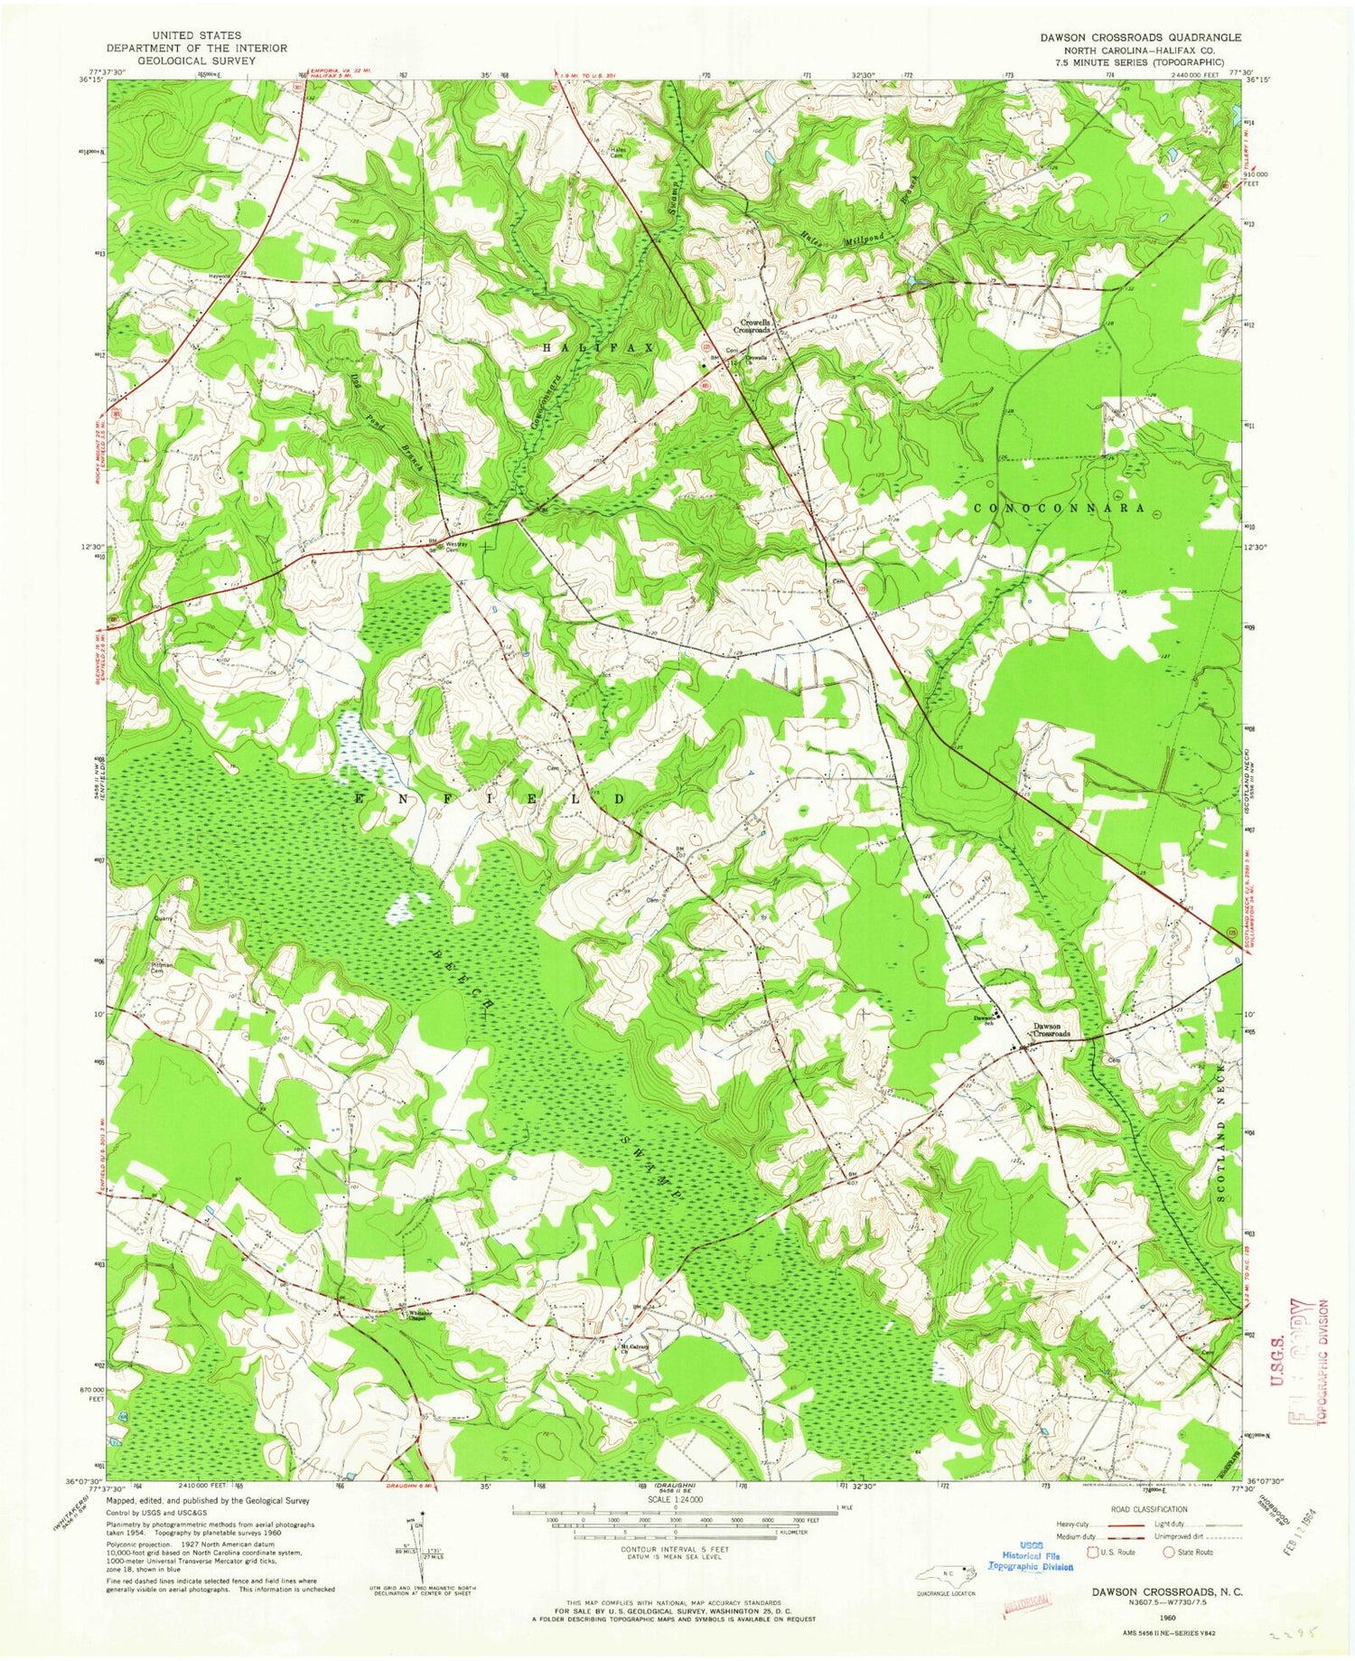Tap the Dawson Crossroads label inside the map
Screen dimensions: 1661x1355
click(1051, 1029)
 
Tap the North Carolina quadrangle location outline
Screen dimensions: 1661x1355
click(945, 1573)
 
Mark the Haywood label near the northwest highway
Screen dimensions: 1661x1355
click(220, 275)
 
